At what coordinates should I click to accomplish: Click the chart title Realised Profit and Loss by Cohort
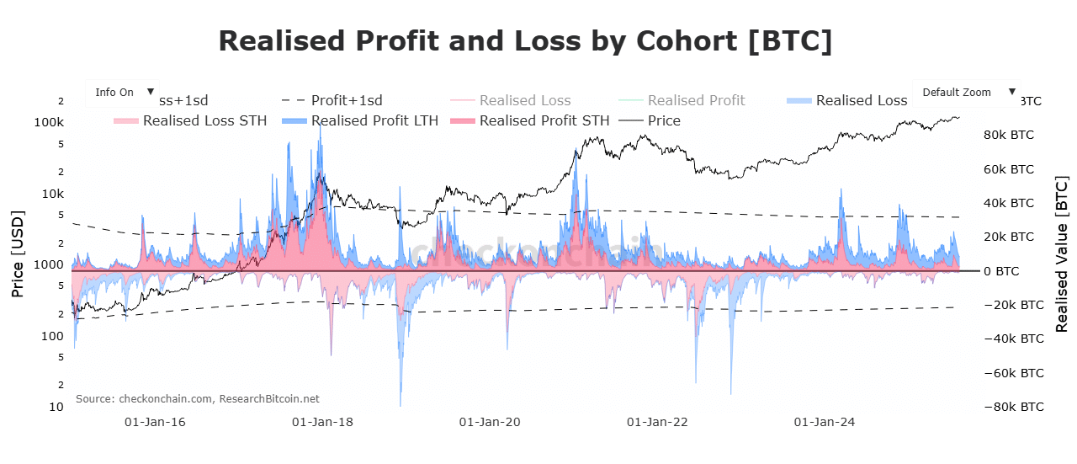[x=526, y=41]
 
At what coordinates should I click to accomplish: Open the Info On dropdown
[x=123, y=93]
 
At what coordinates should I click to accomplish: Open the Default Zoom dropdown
[x=966, y=93]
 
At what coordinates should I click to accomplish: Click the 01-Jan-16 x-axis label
[x=155, y=422]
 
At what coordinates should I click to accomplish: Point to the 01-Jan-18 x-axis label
[x=322, y=422]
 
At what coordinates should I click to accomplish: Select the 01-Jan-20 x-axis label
[x=491, y=422]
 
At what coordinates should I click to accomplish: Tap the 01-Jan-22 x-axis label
[x=658, y=422]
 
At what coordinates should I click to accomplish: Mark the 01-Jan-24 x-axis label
[x=825, y=422]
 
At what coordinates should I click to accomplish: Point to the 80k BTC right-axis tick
[x=1009, y=135]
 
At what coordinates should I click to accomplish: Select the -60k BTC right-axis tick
[x=1007, y=373]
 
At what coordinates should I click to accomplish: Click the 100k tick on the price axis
[x=50, y=122]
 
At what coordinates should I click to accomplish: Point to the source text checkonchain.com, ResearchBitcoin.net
[x=198, y=398]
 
